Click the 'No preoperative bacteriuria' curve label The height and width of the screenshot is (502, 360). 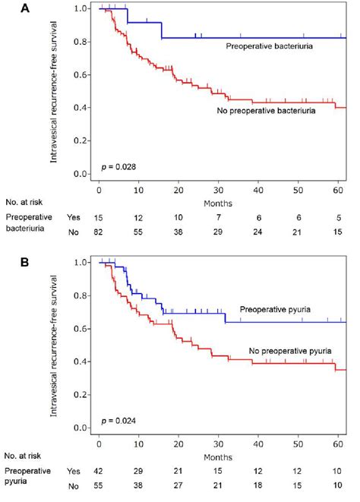(x=271, y=113)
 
